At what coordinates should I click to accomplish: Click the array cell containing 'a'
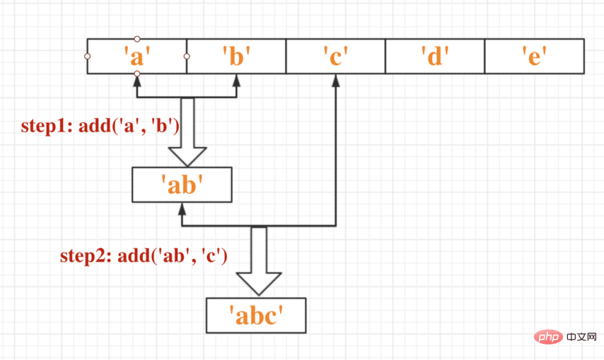point(137,56)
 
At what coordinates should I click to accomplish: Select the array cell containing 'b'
point(236,56)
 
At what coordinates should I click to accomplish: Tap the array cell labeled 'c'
point(335,56)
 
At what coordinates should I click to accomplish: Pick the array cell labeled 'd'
point(435,56)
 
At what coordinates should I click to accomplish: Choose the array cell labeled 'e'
point(534,56)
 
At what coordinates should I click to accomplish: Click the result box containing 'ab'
point(182,185)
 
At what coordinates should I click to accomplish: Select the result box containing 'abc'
point(255,315)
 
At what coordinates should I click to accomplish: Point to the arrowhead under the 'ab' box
point(182,209)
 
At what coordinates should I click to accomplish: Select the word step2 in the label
point(83,255)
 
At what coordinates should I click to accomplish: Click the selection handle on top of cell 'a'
point(137,39)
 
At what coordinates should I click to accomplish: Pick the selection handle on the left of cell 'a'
point(87,56)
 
